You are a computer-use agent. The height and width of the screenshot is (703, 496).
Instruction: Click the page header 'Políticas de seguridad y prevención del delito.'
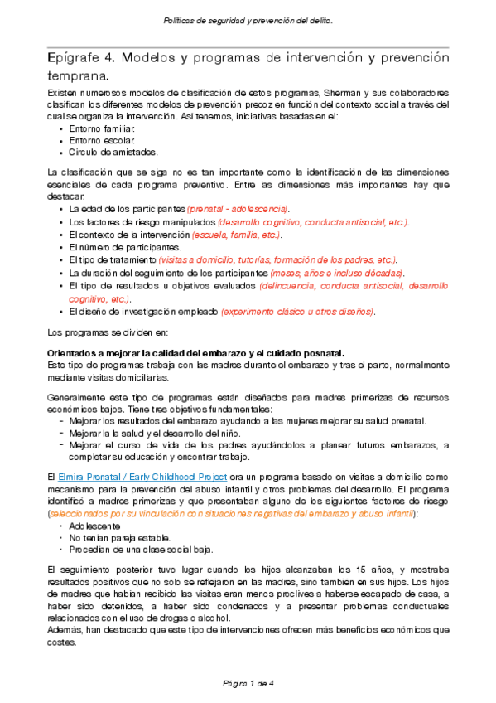pos(248,22)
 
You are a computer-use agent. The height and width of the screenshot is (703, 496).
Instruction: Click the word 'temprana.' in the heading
pos(77,77)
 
